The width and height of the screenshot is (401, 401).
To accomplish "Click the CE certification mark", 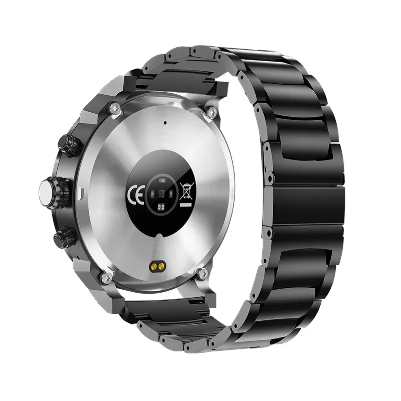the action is [x=135, y=194].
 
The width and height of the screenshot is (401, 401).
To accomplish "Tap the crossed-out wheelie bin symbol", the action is [x=187, y=191].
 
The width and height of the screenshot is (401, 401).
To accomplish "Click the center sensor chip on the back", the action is [x=161, y=193].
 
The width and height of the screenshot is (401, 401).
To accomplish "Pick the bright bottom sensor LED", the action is [x=161, y=206].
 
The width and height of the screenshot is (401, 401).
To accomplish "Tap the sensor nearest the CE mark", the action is [x=152, y=194].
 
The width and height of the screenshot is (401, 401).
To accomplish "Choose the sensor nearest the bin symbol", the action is [x=171, y=194].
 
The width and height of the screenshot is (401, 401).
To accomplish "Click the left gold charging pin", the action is [x=154, y=267].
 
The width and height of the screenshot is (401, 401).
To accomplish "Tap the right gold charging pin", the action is [x=161, y=267].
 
